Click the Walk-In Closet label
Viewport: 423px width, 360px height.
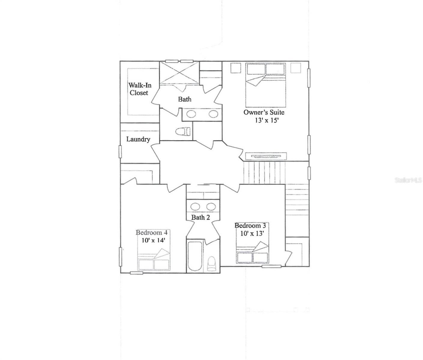(140, 89)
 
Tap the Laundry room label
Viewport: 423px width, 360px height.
(138, 139)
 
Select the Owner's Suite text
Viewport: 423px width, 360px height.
(264, 112)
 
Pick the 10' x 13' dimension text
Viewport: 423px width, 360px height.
(252, 233)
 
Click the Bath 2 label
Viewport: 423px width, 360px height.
(201, 217)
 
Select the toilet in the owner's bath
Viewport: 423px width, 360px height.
(183, 131)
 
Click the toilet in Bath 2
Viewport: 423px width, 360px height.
(212, 264)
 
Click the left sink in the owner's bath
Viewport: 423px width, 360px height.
(191, 114)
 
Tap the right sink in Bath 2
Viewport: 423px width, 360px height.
(211, 206)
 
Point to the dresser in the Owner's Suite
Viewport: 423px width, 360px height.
(266, 156)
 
